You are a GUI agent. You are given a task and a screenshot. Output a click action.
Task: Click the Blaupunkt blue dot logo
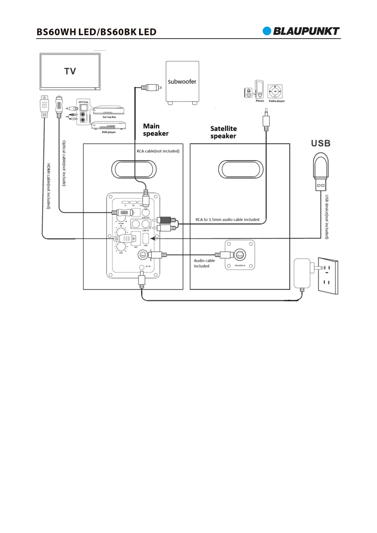(267, 31)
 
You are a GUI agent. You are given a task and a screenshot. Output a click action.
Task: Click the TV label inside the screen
(70, 71)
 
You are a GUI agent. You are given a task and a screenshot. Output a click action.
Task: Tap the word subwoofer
(182, 82)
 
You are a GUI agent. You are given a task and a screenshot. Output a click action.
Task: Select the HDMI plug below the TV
(45, 106)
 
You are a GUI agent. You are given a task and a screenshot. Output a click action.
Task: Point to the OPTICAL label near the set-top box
(84, 102)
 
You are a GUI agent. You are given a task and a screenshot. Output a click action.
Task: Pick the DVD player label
(109, 132)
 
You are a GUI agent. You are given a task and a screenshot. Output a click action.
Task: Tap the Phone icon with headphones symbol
(249, 93)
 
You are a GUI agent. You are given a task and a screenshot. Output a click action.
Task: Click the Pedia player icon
(275, 92)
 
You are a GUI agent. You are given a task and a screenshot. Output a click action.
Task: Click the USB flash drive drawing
(321, 171)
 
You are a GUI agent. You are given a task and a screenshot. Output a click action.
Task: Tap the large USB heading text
(321, 143)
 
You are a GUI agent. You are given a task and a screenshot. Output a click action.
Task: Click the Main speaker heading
(156, 130)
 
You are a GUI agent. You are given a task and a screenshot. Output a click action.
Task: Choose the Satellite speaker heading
(223, 132)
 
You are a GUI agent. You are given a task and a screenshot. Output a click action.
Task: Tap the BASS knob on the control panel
(121, 247)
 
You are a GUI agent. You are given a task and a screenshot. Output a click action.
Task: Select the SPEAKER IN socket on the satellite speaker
(240, 254)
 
